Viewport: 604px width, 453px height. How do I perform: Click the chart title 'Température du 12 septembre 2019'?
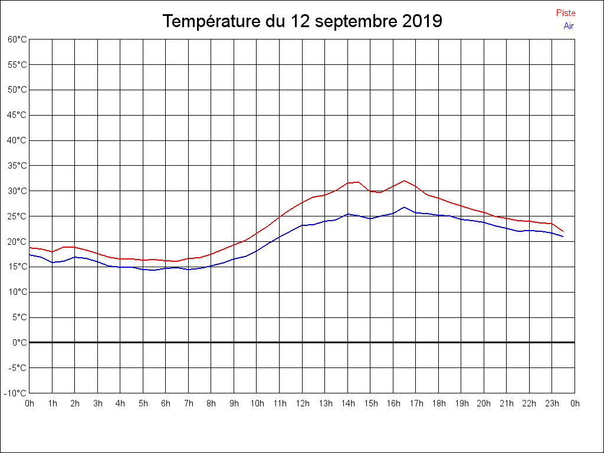[302, 22]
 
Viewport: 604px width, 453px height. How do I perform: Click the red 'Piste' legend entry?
[566, 13]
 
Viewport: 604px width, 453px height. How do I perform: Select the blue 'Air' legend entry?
[569, 26]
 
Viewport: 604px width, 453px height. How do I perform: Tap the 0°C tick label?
[19, 343]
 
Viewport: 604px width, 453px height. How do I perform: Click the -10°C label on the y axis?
[16, 393]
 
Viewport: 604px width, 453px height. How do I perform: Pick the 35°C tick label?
[17, 166]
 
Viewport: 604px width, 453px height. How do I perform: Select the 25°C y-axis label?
[17, 216]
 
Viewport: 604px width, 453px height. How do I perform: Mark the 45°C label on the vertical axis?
[17, 115]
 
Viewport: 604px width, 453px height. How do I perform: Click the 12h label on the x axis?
[302, 404]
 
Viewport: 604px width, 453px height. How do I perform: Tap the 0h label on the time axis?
[29, 404]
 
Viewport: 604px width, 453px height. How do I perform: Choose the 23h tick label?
[552, 404]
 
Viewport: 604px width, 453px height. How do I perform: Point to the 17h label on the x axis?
[416, 404]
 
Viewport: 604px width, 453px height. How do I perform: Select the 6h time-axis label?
[166, 404]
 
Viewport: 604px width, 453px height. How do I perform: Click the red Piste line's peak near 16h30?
[405, 180]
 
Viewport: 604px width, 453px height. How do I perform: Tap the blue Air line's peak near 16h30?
[405, 207]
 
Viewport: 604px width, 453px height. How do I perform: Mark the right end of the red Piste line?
[563, 231]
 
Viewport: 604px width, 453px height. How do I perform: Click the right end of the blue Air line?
[563, 237]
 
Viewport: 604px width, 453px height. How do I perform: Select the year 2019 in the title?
[422, 22]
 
